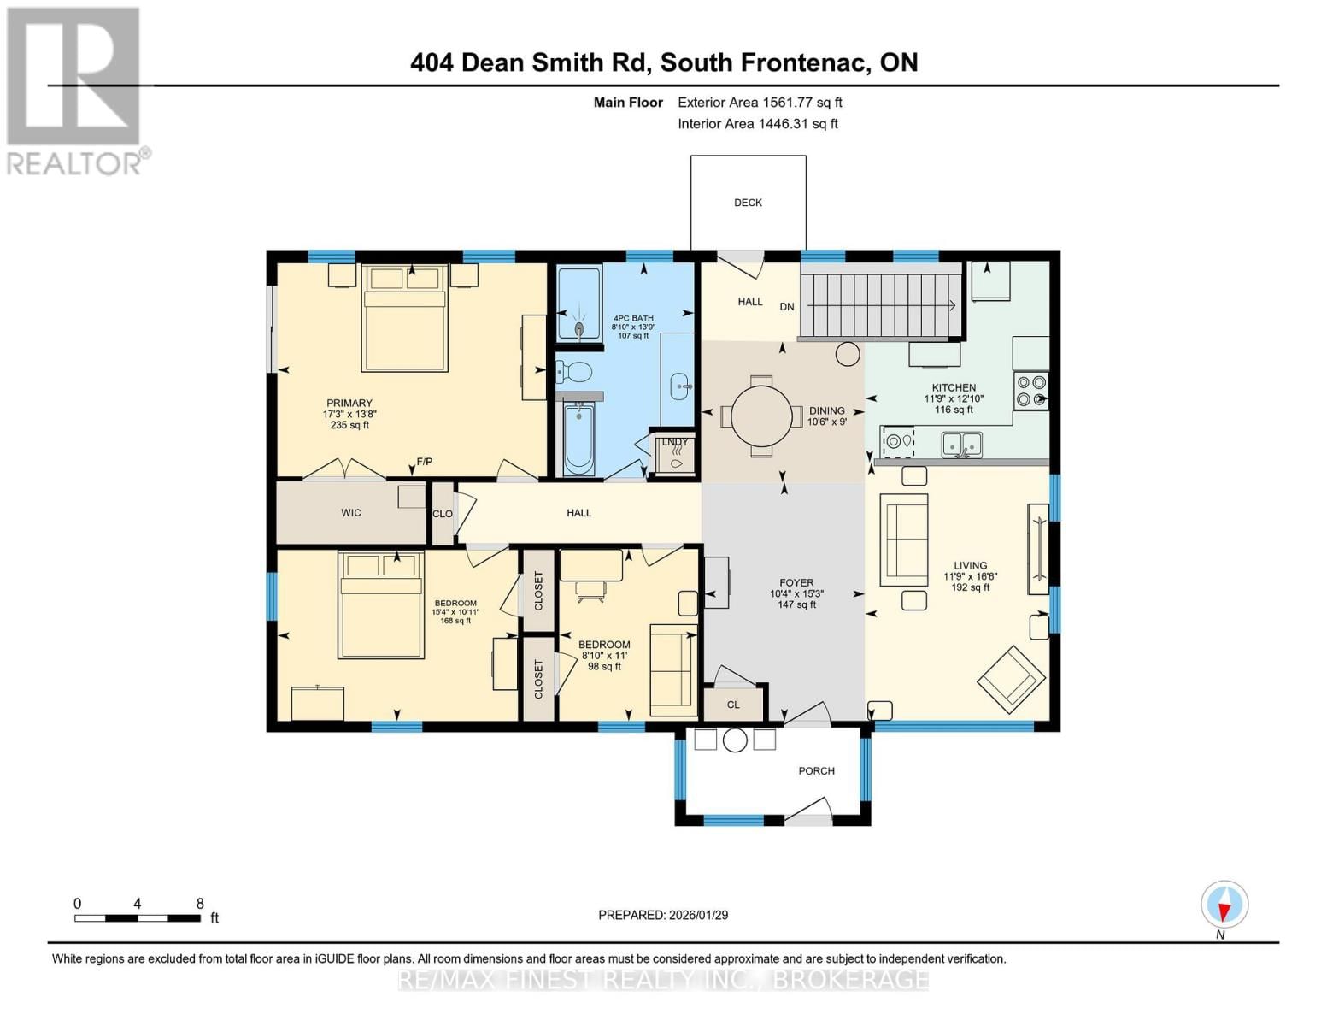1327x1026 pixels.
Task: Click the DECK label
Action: (x=748, y=203)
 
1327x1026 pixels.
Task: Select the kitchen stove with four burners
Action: (x=1031, y=391)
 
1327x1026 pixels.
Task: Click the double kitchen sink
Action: (x=961, y=445)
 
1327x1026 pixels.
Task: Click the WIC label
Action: (x=350, y=513)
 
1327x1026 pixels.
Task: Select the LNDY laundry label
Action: (x=675, y=443)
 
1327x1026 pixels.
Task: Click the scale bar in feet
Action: (x=138, y=918)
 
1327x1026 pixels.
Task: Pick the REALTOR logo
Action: (x=75, y=91)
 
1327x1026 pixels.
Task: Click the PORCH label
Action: (x=816, y=771)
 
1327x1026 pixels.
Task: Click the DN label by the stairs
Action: (x=787, y=307)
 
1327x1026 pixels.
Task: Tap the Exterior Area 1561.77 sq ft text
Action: (x=760, y=103)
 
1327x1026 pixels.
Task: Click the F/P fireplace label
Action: (x=424, y=463)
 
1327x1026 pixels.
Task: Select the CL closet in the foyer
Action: (x=733, y=705)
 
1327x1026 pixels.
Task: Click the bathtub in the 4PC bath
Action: (x=579, y=438)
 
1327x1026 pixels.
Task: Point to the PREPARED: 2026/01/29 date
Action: (x=663, y=915)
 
